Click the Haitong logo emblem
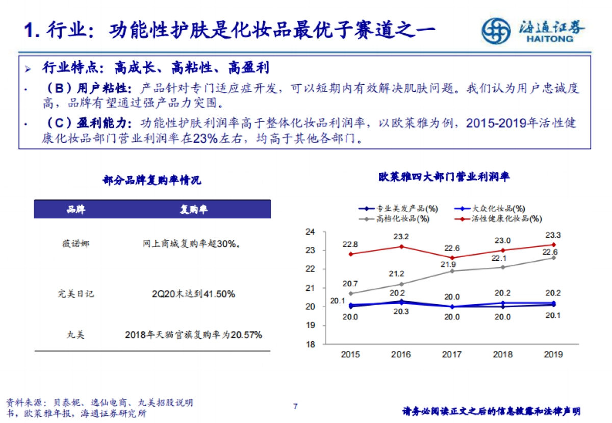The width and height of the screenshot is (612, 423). coord(496,30)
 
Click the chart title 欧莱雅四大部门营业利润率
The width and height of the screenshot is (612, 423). coord(444,177)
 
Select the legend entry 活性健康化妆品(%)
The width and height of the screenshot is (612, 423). coord(499,219)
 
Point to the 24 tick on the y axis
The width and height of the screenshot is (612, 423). coord(311,232)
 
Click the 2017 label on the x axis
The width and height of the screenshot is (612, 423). coord(452,354)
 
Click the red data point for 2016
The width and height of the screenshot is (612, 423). coord(401,246)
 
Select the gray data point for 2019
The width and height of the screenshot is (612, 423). coord(553,258)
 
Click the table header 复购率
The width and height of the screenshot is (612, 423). coord(194,209)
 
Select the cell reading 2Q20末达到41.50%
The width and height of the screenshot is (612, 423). coord(193,294)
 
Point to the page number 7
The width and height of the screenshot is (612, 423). coord(295,406)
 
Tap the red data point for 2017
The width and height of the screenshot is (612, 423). coord(452,258)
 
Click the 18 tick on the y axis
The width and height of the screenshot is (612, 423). coord(311,344)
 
